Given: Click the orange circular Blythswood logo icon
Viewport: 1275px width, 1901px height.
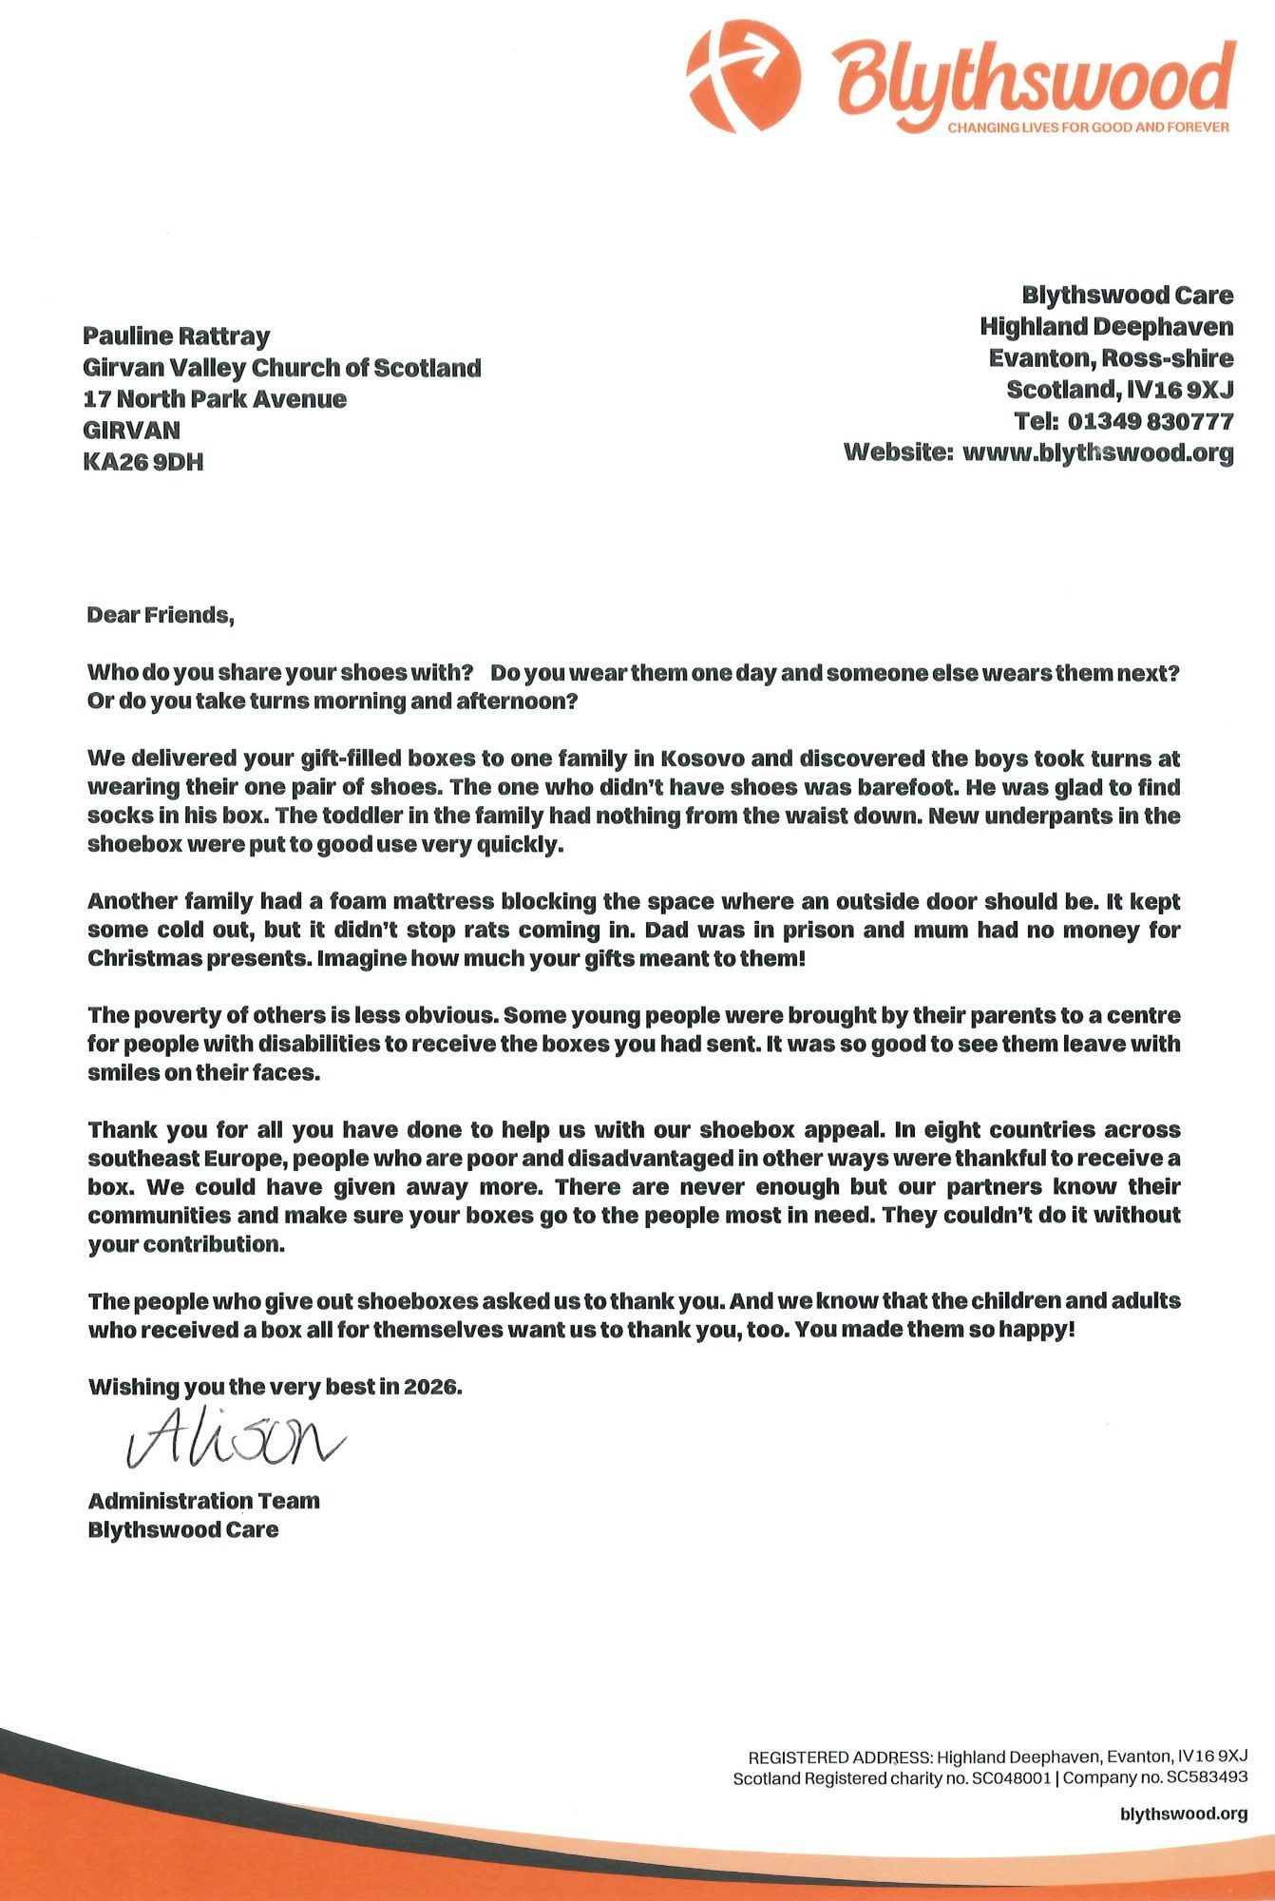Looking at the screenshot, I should pyautogui.click(x=743, y=75).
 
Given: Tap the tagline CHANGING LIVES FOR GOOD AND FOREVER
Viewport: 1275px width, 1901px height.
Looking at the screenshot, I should pyautogui.click(x=1088, y=127).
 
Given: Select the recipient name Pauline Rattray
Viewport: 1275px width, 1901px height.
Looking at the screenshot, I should pyautogui.click(x=176, y=336).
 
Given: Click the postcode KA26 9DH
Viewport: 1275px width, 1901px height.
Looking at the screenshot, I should pyautogui.click(x=143, y=462).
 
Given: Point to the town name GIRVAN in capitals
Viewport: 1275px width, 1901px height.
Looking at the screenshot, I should pyautogui.click(x=131, y=430).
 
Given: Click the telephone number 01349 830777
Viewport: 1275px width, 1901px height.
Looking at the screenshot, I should pyautogui.click(x=1151, y=421).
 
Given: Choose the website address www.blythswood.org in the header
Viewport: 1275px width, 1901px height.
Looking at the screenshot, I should pyautogui.click(x=1097, y=452).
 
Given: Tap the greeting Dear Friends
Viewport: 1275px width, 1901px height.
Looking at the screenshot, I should pyautogui.click(x=160, y=615).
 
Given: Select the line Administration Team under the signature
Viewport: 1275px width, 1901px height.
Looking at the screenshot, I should pyautogui.click(x=203, y=1501).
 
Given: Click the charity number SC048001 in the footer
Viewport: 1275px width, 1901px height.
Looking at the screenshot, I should pyautogui.click(x=1011, y=1778).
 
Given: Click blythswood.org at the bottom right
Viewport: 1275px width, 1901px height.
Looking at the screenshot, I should pyautogui.click(x=1184, y=1814).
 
